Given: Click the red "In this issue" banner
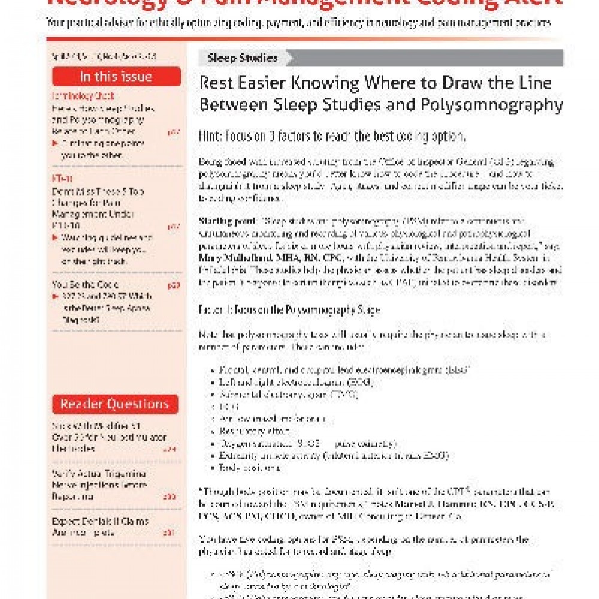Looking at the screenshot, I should [x=116, y=77].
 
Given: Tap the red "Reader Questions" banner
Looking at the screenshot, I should [x=116, y=404].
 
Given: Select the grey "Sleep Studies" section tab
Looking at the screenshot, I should [x=243, y=58].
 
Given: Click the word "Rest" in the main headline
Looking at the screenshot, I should [x=217, y=83].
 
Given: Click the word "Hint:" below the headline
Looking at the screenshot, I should [x=212, y=137].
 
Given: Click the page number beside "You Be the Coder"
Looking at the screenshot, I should [x=174, y=285].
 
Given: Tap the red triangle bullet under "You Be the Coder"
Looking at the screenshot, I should [x=56, y=297].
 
